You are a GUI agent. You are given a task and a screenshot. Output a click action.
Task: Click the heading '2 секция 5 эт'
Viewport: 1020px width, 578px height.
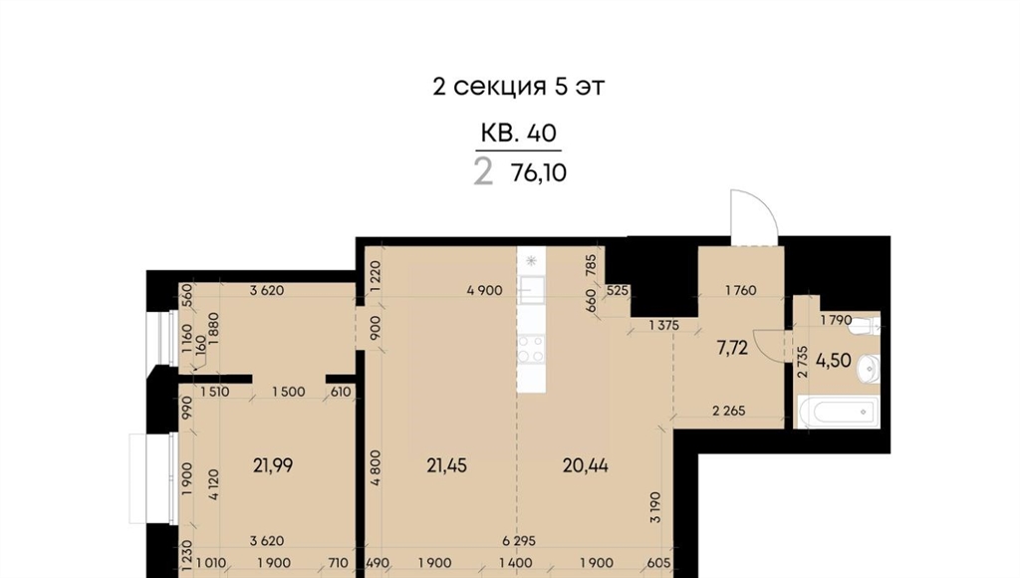pos(518,87)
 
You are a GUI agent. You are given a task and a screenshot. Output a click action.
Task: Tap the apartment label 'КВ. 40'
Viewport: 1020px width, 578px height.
pos(518,133)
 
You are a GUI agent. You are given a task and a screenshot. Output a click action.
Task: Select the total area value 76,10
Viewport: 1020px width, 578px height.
pos(539,173)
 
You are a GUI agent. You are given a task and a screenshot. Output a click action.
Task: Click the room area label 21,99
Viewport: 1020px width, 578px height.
pos(273,465)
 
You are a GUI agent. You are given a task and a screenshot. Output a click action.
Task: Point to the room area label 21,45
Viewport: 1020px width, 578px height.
pos(447,465)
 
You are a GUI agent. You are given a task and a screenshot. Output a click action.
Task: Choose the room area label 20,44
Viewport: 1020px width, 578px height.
pos(586,465)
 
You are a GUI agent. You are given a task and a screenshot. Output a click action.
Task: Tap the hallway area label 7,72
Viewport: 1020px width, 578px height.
pos(732,348)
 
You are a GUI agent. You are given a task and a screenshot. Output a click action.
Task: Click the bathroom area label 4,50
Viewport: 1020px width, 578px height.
pos(834,360)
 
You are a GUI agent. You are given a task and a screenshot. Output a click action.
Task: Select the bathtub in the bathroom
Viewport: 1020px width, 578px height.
pos(837,412)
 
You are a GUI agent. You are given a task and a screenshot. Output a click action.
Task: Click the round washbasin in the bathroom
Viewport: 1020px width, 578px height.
pos(869,369)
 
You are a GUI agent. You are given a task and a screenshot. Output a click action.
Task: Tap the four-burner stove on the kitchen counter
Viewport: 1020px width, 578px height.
pos(531,348)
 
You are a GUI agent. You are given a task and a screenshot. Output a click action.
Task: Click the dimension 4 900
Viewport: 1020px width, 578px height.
pos(485,290)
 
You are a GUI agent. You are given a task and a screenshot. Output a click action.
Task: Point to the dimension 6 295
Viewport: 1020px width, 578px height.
pos(518,541)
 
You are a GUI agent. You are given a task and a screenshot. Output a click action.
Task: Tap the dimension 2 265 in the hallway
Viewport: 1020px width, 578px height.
pos(728,411)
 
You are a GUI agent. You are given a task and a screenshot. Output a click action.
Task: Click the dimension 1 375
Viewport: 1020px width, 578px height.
pos(663,325)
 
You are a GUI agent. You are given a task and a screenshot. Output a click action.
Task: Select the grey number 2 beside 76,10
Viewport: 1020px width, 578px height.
pos(483,172)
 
